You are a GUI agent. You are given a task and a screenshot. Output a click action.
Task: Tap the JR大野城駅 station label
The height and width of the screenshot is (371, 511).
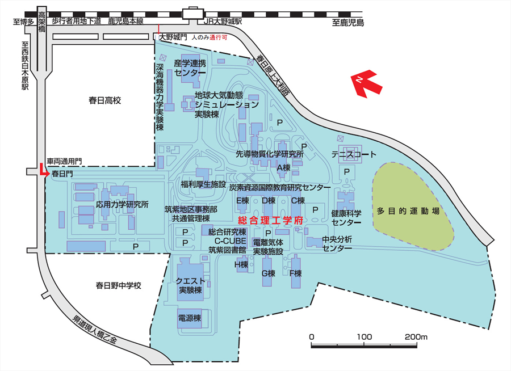(x=223, y=22)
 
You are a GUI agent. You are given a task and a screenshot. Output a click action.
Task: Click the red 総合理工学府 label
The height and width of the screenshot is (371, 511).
(x=270, y=220)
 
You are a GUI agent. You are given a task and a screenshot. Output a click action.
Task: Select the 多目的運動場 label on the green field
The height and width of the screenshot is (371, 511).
(x=408, y=210)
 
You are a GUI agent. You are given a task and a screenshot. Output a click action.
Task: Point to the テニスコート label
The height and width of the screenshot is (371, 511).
(x=355, y=155)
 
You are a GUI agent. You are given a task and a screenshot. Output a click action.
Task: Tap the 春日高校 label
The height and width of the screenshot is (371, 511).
(x=105, y=100)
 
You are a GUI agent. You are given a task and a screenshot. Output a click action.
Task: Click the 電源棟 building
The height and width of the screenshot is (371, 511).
(x=190, y=318)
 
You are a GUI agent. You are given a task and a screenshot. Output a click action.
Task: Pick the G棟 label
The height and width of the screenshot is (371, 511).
(x=268, y=273)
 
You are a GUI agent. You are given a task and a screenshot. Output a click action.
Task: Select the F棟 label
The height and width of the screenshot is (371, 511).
(x=295, y=273)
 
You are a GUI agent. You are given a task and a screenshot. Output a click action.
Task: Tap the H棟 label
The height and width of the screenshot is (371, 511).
(x=241, y=264)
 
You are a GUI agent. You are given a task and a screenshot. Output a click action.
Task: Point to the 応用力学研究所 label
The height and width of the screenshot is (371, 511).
(x=122, y=204)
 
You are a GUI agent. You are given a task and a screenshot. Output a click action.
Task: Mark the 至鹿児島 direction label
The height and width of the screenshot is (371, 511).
(x=348, y=23)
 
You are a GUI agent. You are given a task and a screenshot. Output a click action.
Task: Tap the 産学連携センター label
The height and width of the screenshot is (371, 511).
(x=190, y=68)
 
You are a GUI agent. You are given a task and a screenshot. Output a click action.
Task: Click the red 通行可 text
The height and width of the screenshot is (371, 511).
(x=219, y=37)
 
